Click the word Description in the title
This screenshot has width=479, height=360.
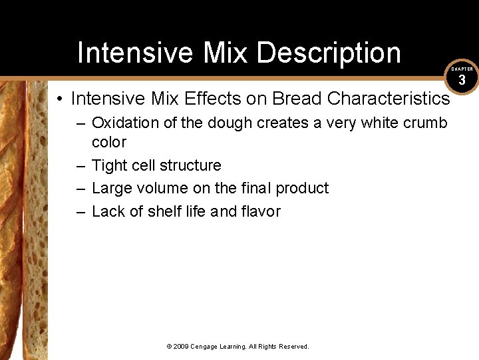pyautogui.click(x=329, y=53)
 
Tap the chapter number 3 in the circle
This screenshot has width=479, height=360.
pyautogui.click(x=462, y=80)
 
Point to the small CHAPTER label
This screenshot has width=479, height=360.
pyautogui.click(x=462, y=69)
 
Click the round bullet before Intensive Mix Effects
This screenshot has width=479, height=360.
pyautogui.click(x=60, y=99)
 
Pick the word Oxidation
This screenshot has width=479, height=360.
pyautogui.click(x=122, y=123)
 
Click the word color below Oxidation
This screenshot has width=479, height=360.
pyautogui.click(x=108, y=142)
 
